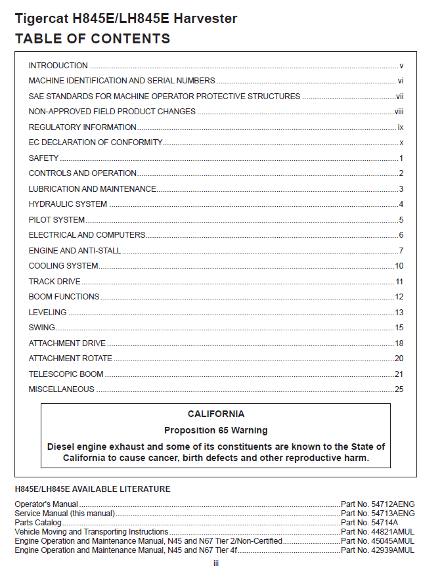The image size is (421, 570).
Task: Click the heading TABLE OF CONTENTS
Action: coord(92,39)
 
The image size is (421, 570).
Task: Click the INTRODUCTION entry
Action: coord(58,66)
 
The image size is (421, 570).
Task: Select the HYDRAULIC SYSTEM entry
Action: coord(68,204)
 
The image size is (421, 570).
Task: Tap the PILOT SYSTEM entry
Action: coord(56,220)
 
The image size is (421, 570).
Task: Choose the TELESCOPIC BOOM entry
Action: coord(66,374)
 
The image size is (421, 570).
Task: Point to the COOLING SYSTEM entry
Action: coord(63,266)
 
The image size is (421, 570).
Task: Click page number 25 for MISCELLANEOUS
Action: coord(399,389)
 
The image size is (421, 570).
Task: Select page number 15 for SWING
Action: coord(399,328)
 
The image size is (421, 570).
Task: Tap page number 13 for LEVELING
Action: coord(399,313)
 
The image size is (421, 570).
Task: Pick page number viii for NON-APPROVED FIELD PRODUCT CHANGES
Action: coord(399,112)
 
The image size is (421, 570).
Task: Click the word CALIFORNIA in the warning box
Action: coord(215,414)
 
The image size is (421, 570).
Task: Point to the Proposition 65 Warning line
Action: coord(215,431)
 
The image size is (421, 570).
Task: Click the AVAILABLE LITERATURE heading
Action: coord(93,489)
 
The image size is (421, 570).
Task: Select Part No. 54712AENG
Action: coord(378,504)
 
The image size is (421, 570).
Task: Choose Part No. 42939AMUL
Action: coord(378,550)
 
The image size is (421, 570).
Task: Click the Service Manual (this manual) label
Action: coord(64,514)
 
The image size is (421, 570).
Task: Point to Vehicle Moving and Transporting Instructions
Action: coord(91,532)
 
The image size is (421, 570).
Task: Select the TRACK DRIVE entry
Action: coord(55,282)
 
